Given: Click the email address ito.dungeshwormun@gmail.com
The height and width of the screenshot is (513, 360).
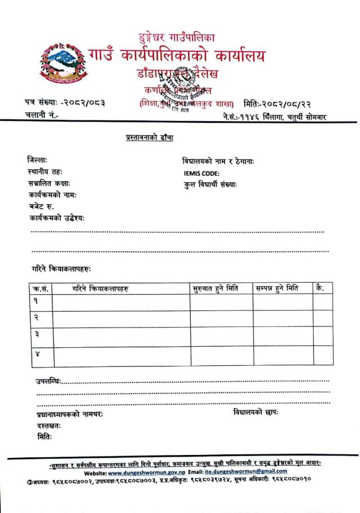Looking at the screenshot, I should pos(242,471).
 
